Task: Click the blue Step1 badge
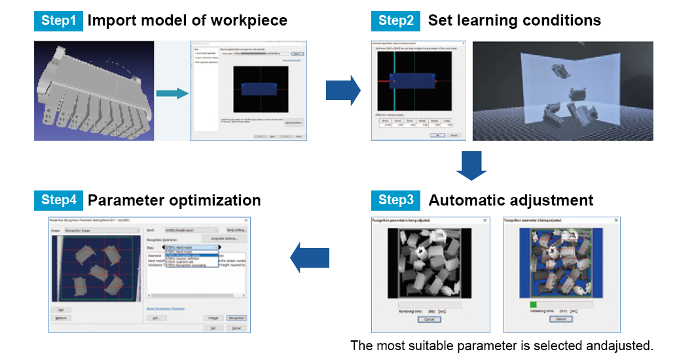[x=58, y=21]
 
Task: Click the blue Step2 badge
[x=395, y=21]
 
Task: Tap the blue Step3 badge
[x=395, y=200]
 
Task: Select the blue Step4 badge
[x=58, y=200]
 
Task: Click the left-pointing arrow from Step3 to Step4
[x=310, y=257]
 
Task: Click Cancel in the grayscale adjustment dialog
[x=429, y=319]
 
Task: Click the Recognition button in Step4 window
[x=236, y=317]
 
